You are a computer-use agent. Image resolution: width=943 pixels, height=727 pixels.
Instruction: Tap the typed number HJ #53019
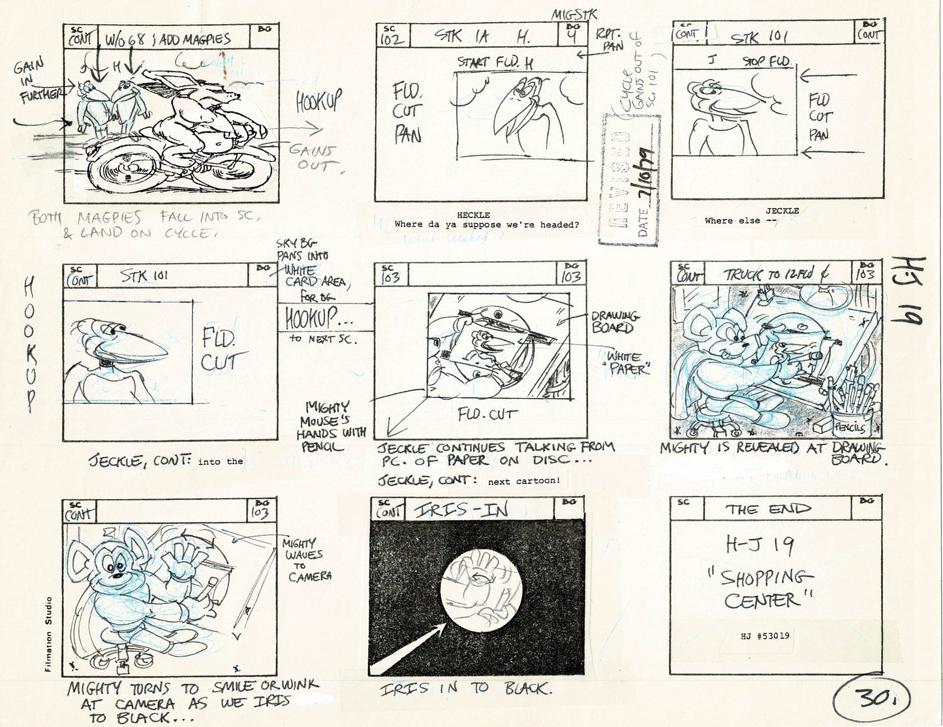tap(766, 634)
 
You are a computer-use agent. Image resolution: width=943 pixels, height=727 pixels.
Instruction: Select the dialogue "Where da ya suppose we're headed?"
tap(486, 224)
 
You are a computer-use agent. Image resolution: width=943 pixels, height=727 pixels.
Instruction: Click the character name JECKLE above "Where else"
tap(781, 211)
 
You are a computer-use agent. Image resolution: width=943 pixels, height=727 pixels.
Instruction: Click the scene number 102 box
tap(393, 36)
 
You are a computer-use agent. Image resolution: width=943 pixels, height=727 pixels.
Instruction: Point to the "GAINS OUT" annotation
tap(311, 157)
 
